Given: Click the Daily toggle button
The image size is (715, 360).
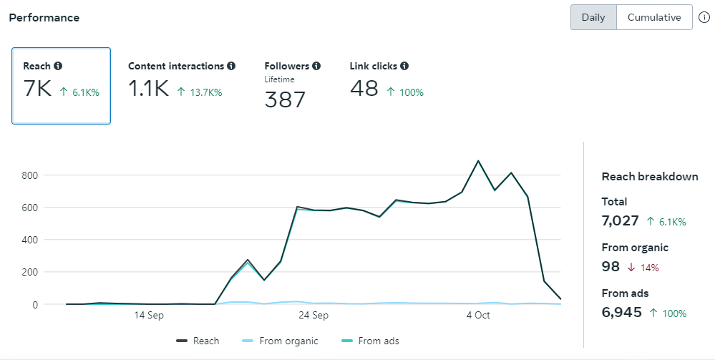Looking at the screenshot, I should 593,17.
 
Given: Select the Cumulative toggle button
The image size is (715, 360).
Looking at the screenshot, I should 654,17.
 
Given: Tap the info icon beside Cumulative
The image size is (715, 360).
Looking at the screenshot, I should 704,17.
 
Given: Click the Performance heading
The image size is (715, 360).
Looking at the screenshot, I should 44,17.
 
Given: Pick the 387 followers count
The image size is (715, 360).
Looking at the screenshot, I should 285,99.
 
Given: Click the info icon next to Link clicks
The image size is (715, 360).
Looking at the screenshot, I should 404,66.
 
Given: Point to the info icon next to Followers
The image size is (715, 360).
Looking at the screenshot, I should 316,66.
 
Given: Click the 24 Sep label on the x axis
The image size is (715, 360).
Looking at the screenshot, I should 313,315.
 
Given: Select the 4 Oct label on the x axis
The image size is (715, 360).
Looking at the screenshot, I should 477,315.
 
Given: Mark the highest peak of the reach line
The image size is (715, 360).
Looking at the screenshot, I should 478,161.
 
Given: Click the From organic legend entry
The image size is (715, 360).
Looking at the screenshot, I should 280,341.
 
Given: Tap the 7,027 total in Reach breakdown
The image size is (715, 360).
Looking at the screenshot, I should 620,220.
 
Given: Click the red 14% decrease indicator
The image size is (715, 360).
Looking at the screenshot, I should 645,268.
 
